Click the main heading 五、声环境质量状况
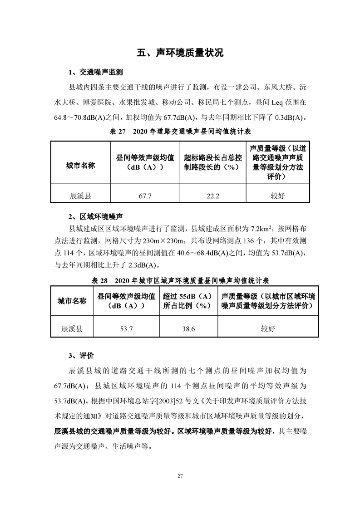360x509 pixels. [180, 53]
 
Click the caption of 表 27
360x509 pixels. [180, 132]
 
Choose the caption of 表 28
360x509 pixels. [180, 281]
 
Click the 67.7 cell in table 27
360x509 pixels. [145, 196]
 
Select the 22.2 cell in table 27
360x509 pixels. [212, 196]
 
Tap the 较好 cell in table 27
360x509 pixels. [277, 196]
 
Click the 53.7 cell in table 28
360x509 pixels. [126, 329]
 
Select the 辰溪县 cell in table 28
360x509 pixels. [72, 329]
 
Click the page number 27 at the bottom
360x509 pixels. [180, 476]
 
